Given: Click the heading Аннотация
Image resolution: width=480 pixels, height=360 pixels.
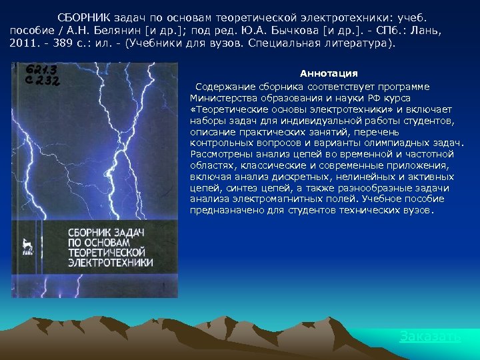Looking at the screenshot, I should point(329,73).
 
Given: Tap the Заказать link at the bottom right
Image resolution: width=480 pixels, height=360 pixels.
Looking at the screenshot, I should point(429,337).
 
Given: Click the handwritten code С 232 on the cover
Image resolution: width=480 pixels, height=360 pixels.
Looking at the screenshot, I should point(41,80).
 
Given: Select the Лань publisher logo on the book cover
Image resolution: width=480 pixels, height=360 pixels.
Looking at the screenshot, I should point(27,246).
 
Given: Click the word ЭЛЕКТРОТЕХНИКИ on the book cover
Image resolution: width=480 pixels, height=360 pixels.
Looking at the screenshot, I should point(111,262).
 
